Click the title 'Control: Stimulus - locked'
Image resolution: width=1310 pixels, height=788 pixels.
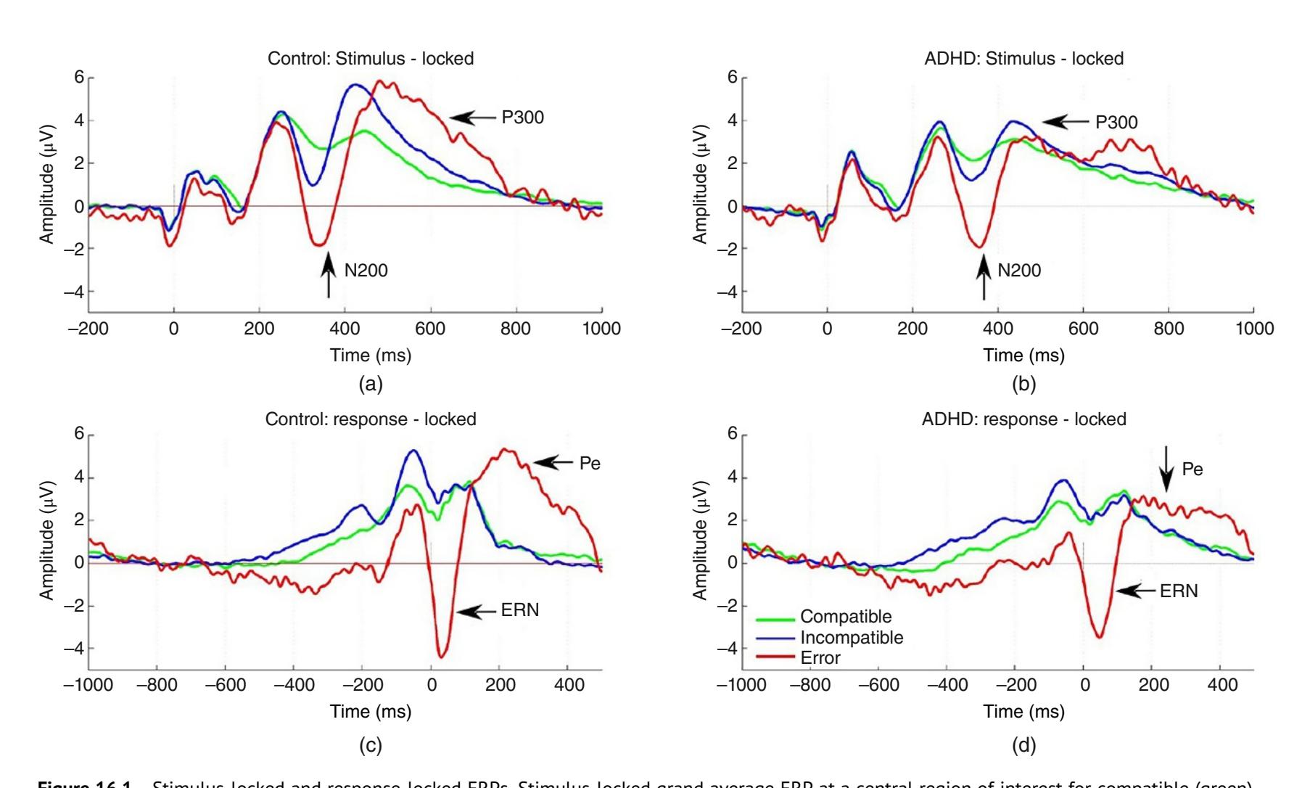[371, 59]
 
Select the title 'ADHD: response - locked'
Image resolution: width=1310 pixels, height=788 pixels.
[1023, 419]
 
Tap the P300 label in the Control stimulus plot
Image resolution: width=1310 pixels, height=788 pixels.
[522, 118]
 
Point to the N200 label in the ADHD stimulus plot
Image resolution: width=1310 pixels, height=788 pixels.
[1018, 271]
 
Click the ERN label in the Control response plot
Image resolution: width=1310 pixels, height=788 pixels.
[520, 610]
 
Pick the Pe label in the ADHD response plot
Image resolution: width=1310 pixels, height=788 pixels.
[1192, 469]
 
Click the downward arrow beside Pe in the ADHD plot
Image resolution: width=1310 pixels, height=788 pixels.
[1166, 468]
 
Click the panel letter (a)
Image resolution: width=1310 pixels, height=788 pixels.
[371, 385]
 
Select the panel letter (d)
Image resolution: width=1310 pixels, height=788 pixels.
[1023, 745]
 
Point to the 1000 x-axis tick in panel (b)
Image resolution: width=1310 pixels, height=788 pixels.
[1253, 329]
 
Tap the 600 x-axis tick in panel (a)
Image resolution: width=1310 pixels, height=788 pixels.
[430, 329]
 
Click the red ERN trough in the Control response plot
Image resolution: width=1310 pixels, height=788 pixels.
[441, 654]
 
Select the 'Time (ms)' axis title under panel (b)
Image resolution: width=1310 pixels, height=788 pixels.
[1023, 356]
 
